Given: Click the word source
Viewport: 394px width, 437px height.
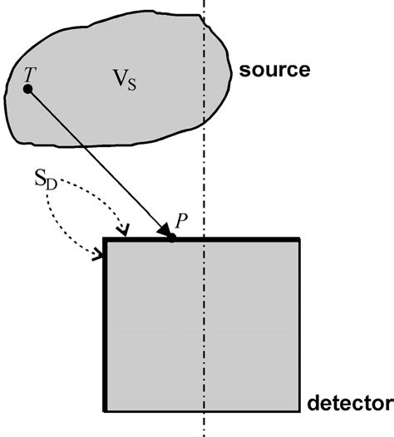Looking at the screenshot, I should (274, 69).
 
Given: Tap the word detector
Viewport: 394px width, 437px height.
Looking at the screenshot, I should (349, 405).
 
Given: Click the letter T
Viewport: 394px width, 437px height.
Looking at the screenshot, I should (29, 73).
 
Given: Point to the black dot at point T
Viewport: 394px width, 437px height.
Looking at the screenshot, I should (27, 89).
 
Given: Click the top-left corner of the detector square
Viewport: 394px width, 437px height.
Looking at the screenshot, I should (105, 240).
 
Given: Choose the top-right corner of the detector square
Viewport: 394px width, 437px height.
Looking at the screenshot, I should (299, 240).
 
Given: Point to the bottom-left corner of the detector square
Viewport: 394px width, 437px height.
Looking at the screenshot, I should (105, 411).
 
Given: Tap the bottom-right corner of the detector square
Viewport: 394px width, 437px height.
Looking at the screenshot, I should (299, 411).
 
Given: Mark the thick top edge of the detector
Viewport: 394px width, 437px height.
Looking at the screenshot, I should (241, 240).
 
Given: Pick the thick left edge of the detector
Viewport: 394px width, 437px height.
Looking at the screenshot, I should (105, 332).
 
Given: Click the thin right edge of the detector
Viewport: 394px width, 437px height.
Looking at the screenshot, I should (299, 332).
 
